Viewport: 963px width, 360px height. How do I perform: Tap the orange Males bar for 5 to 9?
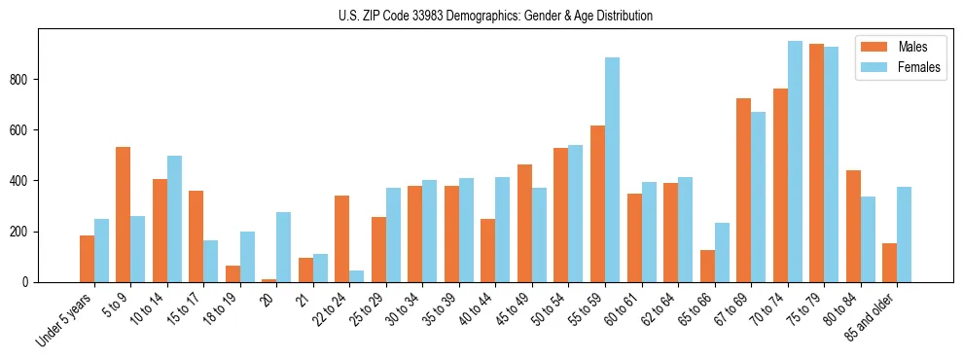point(124,215)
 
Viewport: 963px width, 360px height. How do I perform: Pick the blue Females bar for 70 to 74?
point(795,162)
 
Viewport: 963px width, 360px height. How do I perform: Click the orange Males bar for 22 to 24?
point(342,239)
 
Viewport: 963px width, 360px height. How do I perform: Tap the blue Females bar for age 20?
point(284,247)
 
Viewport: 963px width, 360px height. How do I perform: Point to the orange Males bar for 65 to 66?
point(707,267)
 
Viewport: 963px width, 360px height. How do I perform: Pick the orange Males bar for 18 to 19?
point(232,274)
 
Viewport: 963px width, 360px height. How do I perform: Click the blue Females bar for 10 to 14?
point(174,219)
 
